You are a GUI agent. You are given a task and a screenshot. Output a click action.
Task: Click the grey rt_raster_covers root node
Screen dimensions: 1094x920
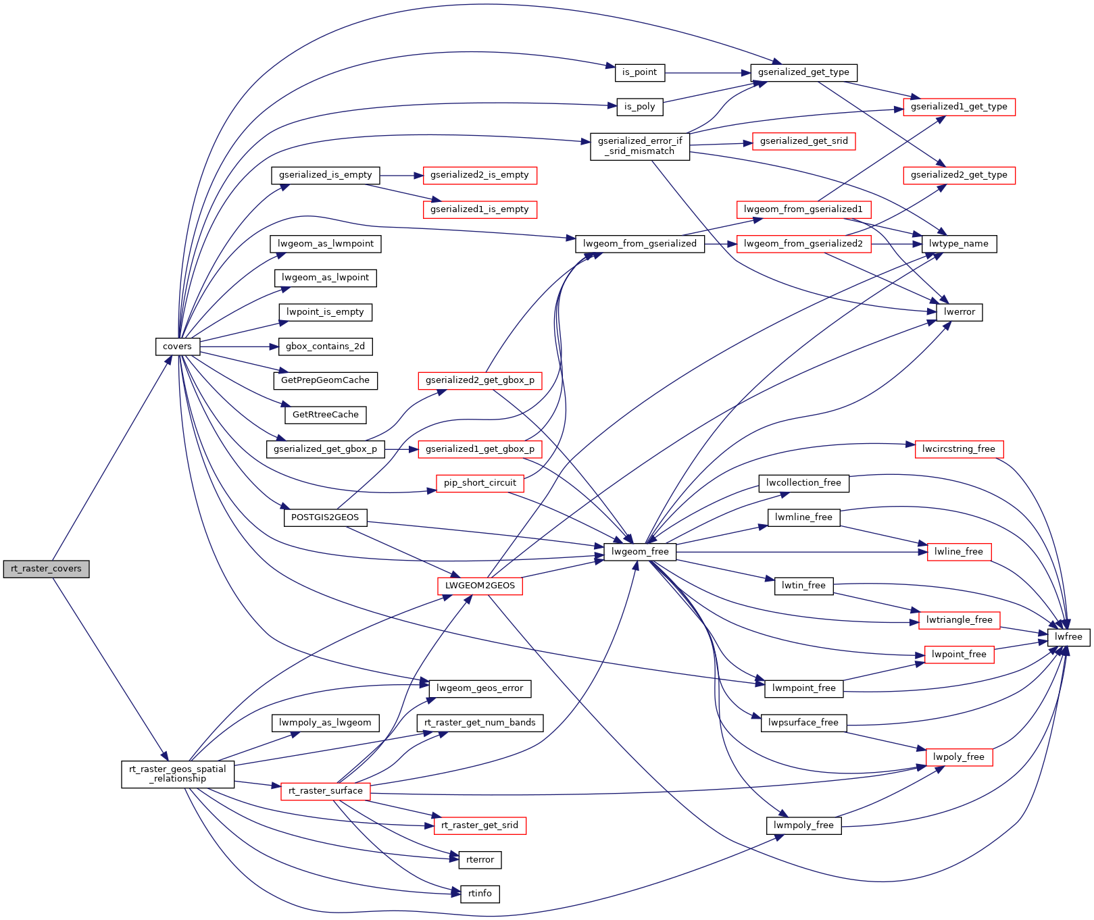coord(46,569)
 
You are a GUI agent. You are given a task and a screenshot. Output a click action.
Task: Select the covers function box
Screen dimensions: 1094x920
coord(177,347)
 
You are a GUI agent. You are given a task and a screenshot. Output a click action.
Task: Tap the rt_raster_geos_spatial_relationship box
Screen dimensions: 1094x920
coord(178,774)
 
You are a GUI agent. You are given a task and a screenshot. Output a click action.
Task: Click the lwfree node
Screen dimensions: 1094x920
coord(1068,637)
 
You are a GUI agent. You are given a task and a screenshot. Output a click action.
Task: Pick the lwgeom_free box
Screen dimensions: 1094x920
coord(640,552)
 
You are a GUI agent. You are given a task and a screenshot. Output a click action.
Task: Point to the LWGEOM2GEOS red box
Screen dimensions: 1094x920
coord(480,586)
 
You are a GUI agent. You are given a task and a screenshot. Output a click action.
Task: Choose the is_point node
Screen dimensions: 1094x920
coord(640,72)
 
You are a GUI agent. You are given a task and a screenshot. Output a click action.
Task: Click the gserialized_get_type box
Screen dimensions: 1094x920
coord(803,72)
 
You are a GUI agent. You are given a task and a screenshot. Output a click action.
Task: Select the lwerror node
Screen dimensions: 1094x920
coord(960,312)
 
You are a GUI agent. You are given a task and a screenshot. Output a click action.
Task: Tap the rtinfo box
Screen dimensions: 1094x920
coord(480,894)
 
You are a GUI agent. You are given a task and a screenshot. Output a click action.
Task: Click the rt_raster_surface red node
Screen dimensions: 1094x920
coord(326,791)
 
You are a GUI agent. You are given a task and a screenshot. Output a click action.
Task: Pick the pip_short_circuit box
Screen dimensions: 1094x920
coord(480,483)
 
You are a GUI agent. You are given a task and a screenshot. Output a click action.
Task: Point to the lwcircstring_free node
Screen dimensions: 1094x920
coord(959,449)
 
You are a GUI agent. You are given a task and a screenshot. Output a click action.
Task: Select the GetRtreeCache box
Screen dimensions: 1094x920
coord(326,415)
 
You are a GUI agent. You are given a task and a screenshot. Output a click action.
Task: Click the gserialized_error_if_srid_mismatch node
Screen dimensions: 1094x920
coord(640,146)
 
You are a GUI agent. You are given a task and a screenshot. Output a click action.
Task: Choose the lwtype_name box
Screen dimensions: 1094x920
coord(959,244)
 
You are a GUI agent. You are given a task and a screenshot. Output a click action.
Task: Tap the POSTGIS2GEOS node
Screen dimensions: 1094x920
coord(325,517)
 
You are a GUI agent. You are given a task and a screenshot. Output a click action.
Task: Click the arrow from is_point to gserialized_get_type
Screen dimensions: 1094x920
coord(707,72)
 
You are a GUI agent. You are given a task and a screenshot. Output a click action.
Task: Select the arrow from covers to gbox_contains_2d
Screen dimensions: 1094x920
coord(239,347)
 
